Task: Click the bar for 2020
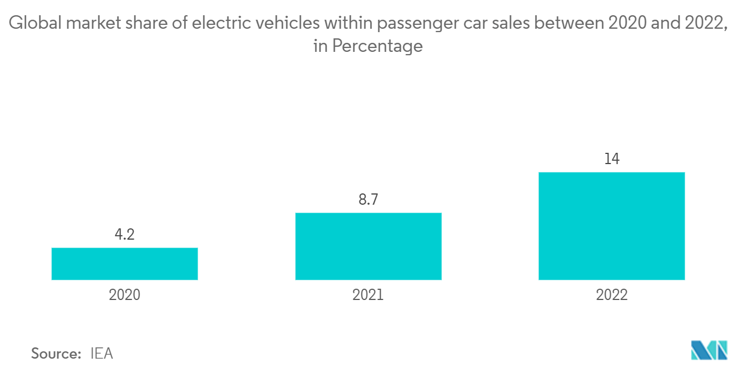click(x=124, y=263)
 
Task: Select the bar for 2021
click(x=368, y=246)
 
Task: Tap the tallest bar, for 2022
click(x=612, y=226)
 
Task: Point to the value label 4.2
click(x=124, y=235)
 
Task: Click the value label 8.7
click(x=368, y=200)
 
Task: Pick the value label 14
click(x=612, y=159)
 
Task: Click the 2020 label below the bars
click(x=124, y=295)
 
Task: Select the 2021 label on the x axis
click(x=368, y=295)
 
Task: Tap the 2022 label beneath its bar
click(x=612, y=295)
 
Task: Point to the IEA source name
click(x=102, y=354)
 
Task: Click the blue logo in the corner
click(x=709, y=350)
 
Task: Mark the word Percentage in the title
click(x=377, y=46)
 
